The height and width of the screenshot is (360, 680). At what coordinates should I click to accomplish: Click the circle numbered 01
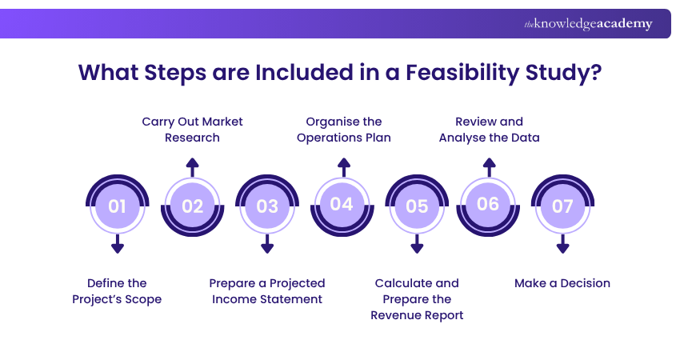pyautogui.click(x=118, y=206)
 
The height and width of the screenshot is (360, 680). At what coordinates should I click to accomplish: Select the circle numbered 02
pyautogui.click(x=192, y=206)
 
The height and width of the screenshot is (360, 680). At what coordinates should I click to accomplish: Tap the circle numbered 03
pyautogui.click(x=267, y=206)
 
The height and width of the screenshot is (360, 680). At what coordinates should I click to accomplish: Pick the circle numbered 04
pyautogui.click(x=342, y=205)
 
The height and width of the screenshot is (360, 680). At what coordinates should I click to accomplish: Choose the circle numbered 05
pyautogui.click(x=417, y=206)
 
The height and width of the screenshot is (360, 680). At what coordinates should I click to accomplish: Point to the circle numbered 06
pyautogui.click(x=488, y=205)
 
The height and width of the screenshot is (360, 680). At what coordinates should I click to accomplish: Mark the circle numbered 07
pyautogui.click(x=562, y=206)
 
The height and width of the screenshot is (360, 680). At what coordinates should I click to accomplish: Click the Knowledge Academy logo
pyautogui.click(x=588, y=24)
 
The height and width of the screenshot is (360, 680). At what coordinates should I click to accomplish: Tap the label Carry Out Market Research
pyautogui.click(x=192, y=130)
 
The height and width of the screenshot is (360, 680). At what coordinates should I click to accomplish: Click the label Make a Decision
pyautogui.click(x=562, y=283)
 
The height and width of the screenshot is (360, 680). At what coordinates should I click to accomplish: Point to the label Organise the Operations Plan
pyautogui.click(x=344, y=130)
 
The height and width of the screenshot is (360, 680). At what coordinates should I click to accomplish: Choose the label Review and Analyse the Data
pyautogui.click(x=489, y=130)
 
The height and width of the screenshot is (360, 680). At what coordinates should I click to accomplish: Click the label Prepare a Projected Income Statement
pyautogui.click(x=267, y=291)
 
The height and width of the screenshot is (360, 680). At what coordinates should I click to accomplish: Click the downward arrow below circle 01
pyautogui.click(x=118, y=245)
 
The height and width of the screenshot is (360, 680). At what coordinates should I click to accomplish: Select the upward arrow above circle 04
pyautogui.click(x=343, y=166)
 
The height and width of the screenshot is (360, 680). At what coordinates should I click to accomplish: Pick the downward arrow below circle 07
pyautogui.click(x=562, y=245)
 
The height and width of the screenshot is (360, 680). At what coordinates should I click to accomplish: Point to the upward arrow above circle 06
pyautogui.click(x=488, y=166)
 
